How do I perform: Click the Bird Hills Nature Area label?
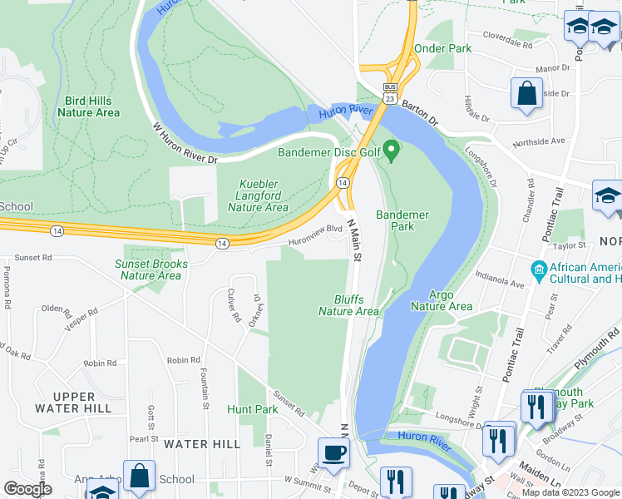[x=92, y=106]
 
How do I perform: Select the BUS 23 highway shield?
[x=389, y=92]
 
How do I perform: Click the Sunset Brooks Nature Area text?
[x=151, y=269]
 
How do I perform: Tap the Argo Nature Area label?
[x=441, y=300]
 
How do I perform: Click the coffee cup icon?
[x=334, y=453]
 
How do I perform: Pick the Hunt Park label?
[x=252, y=409]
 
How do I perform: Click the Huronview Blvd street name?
[x=316, y=231]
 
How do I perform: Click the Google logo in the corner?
[x=27, y=488]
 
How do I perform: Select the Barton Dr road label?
[x=420, y=112]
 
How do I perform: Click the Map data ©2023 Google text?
[x=570, y=492]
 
